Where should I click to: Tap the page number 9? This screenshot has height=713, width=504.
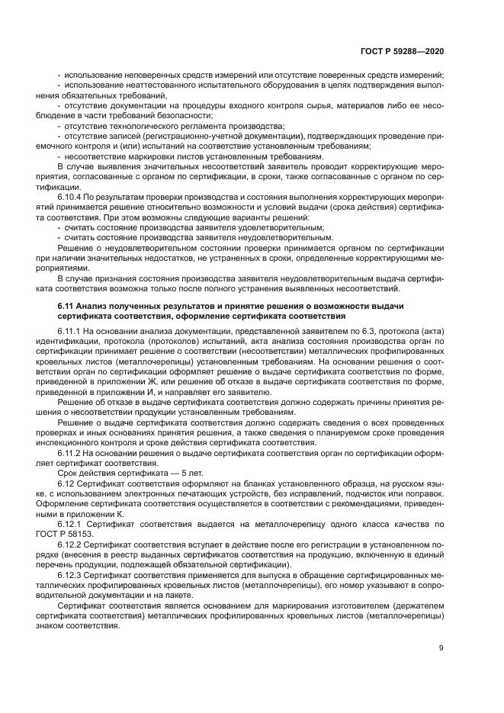point(441,648)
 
